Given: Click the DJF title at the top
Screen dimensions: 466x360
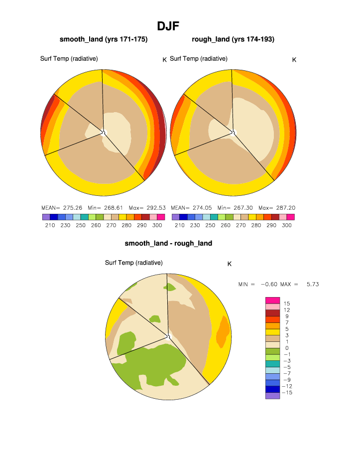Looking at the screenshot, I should tap(168, 26).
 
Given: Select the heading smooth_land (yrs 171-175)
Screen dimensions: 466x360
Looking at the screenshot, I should tap(104, 39).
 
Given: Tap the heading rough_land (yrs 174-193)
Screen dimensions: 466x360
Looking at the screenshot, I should tap(233, 39).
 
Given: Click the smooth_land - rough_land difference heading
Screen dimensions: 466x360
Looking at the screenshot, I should tap(168, 243).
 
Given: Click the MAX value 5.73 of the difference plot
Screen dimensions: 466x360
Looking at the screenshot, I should tap(312, 284).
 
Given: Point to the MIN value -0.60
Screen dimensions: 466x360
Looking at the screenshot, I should tap(266, 284).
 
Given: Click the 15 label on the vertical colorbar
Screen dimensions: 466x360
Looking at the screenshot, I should tap(286, 304).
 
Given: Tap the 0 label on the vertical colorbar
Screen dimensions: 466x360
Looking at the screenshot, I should tap(286, 348).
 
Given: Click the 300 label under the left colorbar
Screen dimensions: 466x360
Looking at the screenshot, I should tap(157, 226).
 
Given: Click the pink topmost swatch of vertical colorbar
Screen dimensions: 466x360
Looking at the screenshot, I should tap(272, 300).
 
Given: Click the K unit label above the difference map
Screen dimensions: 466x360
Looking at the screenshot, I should tap(229, 264).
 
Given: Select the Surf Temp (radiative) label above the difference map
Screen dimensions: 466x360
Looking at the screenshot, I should tap(133, 263).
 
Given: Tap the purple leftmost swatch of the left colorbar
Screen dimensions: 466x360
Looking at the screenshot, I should tap(46, 217).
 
